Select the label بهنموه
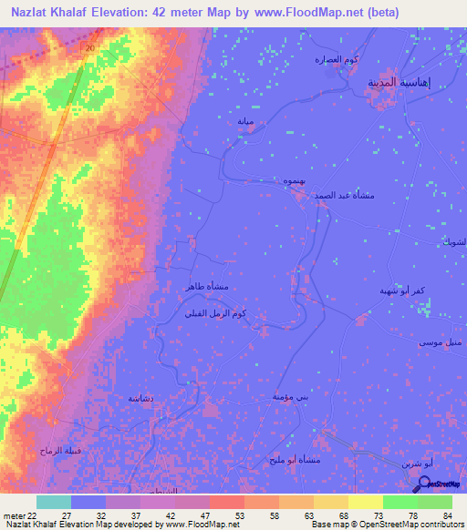[293, 181]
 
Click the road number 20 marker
[88, 46]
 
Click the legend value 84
[447, 515]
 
